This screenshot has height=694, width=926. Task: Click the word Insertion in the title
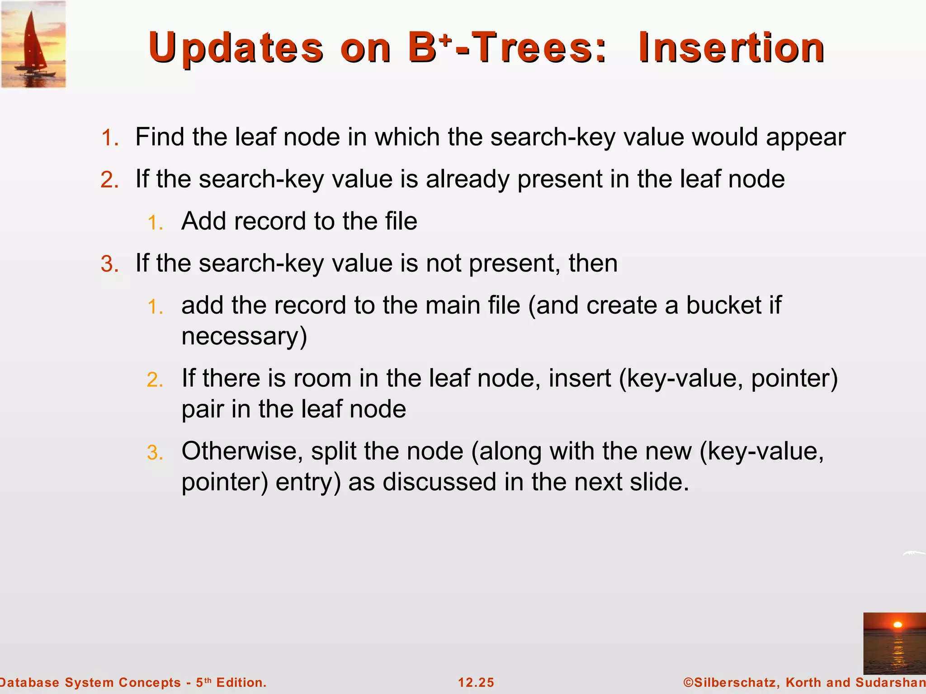[x=731, y=48]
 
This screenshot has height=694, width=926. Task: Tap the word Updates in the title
[x=236, y=48]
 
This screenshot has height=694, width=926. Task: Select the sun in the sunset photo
[x=898, y=625]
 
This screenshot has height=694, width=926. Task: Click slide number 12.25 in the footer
[x=476, y=682]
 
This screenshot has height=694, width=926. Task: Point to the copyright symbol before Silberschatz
[x=688, y=682]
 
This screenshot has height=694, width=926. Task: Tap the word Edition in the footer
[x=241, y=682]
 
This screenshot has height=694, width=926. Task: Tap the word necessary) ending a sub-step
[x=244, y=337]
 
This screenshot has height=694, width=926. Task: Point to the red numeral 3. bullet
[x=109, y=264]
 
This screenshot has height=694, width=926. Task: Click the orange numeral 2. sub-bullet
[x=155, y=380]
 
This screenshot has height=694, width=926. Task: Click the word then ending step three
[x=593, y=263]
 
